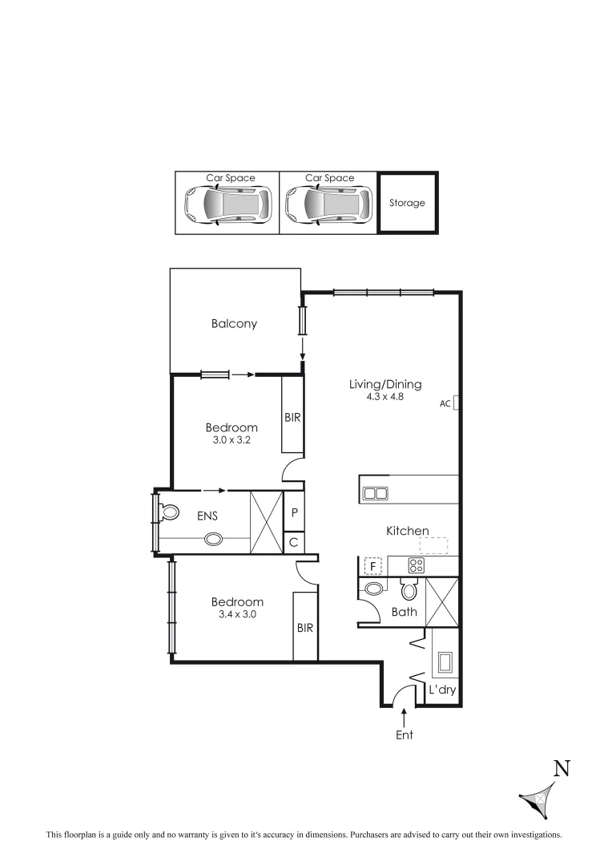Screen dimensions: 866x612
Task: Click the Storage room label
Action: pos(407,203)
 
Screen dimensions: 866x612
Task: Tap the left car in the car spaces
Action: pos(227,204)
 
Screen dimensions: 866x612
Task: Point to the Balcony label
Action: pos(234,324)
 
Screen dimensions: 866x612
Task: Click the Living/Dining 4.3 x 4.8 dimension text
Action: pos(385,396)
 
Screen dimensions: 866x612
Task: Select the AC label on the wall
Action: pos(445,404)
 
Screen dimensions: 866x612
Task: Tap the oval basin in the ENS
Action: pos(214,540)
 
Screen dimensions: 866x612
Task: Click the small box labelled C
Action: pos(294,543)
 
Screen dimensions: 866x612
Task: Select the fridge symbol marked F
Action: pos(372,566)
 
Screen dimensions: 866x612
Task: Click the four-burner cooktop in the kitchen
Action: pos(416,565)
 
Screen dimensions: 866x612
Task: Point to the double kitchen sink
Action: pos(374,493)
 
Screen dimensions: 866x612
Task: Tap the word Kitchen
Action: pos(408,531)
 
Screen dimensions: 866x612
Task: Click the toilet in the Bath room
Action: pos(409,592)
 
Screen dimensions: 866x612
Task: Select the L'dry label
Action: pos(441,690)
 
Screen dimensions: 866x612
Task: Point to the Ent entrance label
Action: pos(405,734)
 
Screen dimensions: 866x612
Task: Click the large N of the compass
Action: pos(562,768)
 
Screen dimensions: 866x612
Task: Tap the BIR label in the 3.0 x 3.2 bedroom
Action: pos(292,418)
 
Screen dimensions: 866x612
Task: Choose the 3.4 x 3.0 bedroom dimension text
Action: pos(236,614)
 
